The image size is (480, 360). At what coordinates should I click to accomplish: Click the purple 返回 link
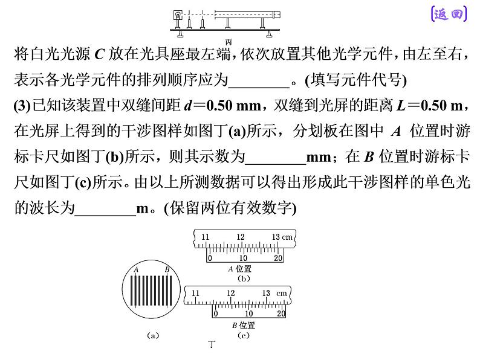tap(449, 14)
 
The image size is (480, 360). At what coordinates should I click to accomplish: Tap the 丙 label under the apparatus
tap(228, 42)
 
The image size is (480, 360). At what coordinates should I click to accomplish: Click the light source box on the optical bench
tap(178, 14)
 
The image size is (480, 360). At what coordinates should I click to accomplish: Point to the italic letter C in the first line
tap(100, 54)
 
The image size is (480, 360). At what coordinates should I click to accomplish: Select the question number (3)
tap(22, 106)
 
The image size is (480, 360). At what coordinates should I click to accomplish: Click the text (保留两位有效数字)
tap(230, 208)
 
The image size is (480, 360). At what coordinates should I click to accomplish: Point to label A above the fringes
tap(136, 269)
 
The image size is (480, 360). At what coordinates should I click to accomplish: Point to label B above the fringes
tap(167, 269)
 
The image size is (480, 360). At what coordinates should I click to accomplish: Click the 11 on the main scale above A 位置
tap(205, 237)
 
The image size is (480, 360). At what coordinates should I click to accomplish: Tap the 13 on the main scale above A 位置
tap(276, 237)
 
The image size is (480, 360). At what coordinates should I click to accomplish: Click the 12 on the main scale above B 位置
tap(230, 293)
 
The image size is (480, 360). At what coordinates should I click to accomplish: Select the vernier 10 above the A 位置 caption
tap(243, 258)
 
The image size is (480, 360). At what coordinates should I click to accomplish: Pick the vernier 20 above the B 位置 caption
tap(281, 313)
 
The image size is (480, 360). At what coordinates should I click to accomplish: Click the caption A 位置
tap(240, 269)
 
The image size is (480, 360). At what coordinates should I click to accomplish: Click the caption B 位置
tap(244, 325)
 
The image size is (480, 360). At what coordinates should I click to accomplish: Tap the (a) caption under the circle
tap(153, 335)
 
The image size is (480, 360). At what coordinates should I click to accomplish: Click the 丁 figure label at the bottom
tap(212, 344)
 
